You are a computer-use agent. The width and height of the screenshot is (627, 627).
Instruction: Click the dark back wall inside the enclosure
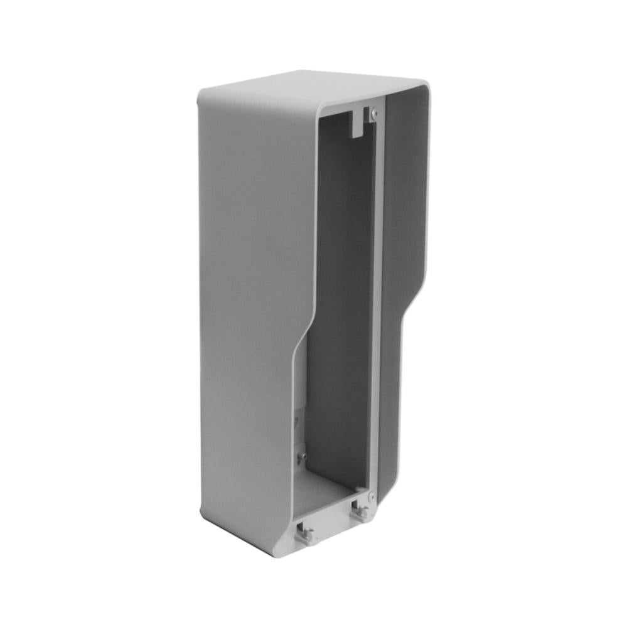(339, 282)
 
